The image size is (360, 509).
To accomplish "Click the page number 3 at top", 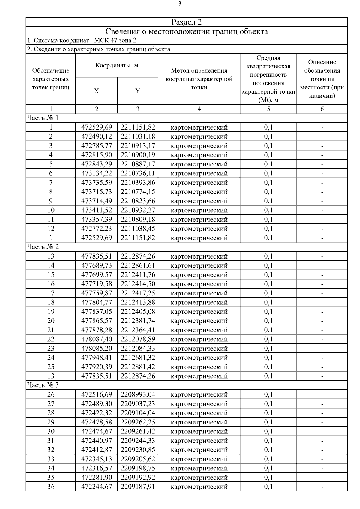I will [x=180, y=4].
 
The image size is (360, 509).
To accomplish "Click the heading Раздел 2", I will [x=187, y=22].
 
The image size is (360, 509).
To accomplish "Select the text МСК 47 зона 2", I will [x=115, y=40].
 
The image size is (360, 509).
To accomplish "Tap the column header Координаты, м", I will [x=117, y=65].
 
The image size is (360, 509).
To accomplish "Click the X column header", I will [x=96, y=91].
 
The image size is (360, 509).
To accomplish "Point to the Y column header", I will [x=138, y=91].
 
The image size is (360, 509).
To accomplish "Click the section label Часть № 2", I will [x=43, y=247].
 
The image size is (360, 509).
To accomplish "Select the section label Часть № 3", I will [x=43, y=385].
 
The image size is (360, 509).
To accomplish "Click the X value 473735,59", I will [x=97, y=183].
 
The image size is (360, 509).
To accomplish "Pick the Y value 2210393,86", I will [x=138, y=183].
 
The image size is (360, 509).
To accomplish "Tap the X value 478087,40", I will [x=97, y=339].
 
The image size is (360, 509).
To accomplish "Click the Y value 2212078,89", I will [x=138, y=339].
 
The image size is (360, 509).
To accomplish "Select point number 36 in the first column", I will [x=51, y=487].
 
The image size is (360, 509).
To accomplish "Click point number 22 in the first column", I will [x=51, y=339].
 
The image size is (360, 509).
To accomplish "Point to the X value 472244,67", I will [x=97, y=487].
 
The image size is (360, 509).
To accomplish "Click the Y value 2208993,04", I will [x=138, y=394].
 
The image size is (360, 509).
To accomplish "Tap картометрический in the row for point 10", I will [x=199, y=210].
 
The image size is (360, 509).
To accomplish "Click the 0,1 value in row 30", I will [x=268, y=431].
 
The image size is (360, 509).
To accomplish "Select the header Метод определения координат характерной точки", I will [x=199, y=79].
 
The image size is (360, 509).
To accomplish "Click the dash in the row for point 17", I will [x=322, y=293].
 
